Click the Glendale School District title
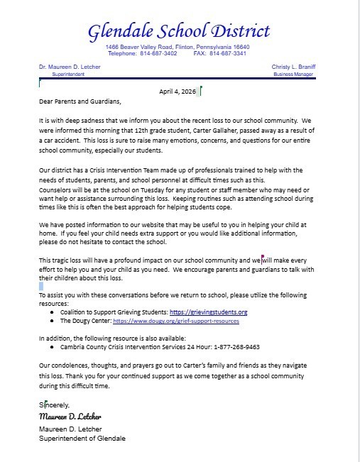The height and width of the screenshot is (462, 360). click(178, 31)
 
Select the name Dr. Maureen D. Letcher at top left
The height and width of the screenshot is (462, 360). click(70, 67)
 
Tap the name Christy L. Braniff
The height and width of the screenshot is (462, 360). click(293, 67)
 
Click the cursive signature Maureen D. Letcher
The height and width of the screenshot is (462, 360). click(71, 415)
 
